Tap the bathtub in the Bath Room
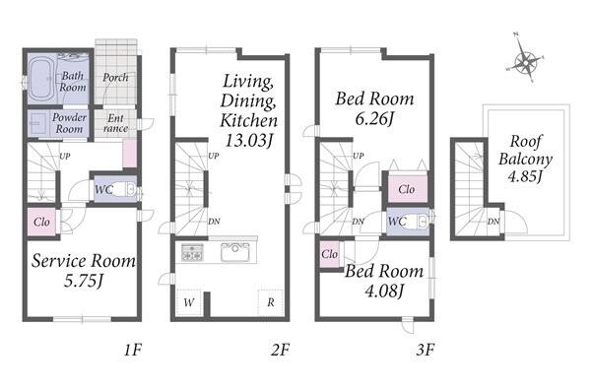click(42, 79)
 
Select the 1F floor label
click(133, 351)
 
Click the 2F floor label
click(280, 351)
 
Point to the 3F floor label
click(426, 351)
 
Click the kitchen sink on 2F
click(234, 252)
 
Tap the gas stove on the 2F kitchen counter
click(193, 252)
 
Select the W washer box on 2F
click(189, 302)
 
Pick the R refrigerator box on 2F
click(271, 302)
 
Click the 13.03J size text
click(249, 141)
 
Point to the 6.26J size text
click(374, 119)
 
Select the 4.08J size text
click(384, 291)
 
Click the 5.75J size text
click(84, 281)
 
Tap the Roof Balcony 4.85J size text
click(525, 176)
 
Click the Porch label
click(115, 77)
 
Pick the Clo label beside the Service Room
click(41, 222)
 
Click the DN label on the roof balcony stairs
click(493, 222)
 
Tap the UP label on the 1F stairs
click(65, 156)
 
